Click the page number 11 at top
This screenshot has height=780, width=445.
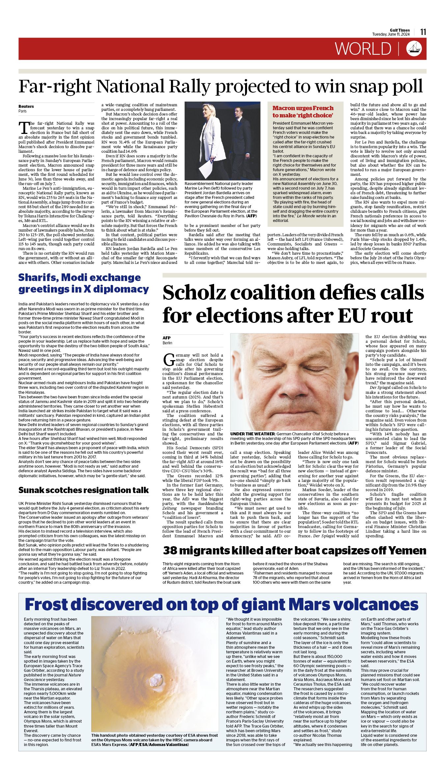[423, 32]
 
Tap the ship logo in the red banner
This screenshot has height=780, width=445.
[414, 48]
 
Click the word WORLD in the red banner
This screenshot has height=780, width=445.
[363, 49]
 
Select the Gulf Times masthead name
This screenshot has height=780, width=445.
[400, 30]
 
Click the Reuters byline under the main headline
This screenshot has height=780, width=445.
[26, 106]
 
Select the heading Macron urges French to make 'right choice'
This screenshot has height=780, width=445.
[303, 112]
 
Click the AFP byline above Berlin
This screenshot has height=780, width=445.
[167, 338]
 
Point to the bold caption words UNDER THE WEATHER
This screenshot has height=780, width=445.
[252, 434]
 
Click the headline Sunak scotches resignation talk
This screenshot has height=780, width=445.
[83, 490]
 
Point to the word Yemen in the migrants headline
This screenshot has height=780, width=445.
[407, 550]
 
